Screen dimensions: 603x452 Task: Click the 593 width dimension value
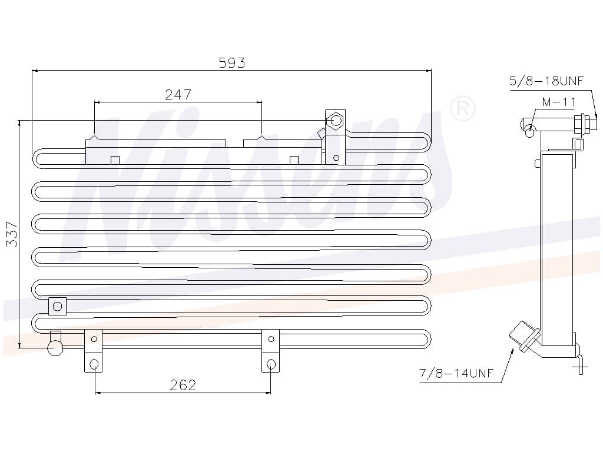(x=231, y=62)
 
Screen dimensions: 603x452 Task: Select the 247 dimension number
(x=178, y=95)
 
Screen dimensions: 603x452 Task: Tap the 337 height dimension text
(x=12, y=234)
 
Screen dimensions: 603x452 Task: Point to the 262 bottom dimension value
(x=183, y=385)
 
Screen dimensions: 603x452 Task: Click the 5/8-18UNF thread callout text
(x=546, y=81)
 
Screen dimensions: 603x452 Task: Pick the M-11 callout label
(x=559, y=102)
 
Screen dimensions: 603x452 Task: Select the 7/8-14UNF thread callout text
(x=456, y=373)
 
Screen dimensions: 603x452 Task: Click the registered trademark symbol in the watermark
(x=463, y=109)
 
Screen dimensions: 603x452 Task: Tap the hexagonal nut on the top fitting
(x=335, y=121)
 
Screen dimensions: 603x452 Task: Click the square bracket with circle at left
(x=57, y=306)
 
